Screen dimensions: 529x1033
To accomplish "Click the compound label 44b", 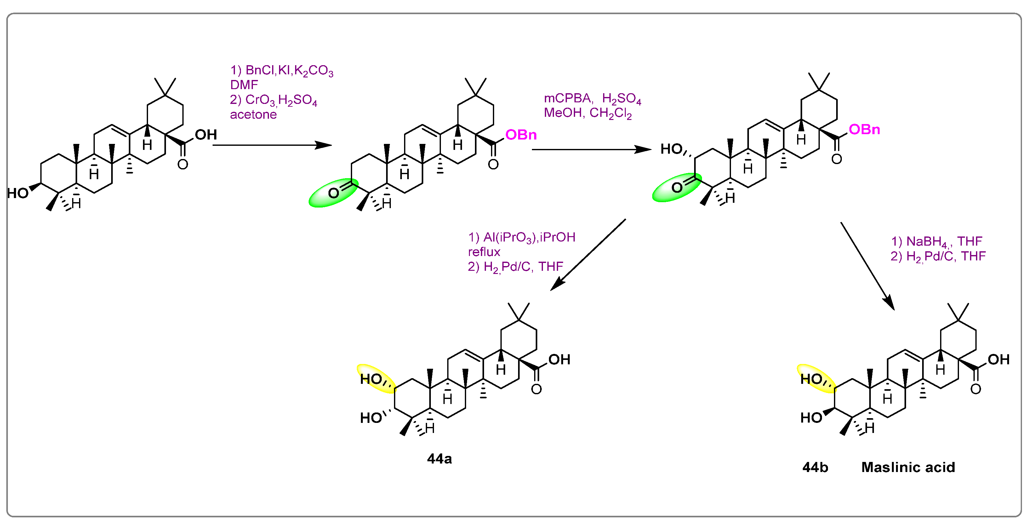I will pyautogui.click(x=815, y=467).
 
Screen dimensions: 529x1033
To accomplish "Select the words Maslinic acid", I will pyautogui.click(x=908, y=467).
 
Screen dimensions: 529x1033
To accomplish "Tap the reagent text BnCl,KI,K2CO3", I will pyautogui.click(x=289, y=71).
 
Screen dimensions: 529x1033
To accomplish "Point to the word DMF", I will pyautogui.click(x=244, y=85).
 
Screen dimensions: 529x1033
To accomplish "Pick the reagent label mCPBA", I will pyautogui.click(x=567, y=98).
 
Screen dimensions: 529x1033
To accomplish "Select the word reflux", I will pyautogui.click(x=484, y=252).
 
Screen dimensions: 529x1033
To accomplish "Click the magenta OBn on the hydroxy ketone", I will pyautogui.click(x=864, y=129).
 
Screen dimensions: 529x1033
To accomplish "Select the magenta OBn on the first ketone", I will pyautogui.click(x=521, y=135).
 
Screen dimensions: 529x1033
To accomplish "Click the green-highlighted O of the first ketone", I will pyautogui.click(x=333, y=193).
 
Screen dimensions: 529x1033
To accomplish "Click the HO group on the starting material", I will pyautogui.click(x=18, y=193).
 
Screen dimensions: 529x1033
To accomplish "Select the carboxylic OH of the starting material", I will pyautogui.click(x=206, y=135).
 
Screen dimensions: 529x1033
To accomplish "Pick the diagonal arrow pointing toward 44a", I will pyautogui.click(x=587, y=255).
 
